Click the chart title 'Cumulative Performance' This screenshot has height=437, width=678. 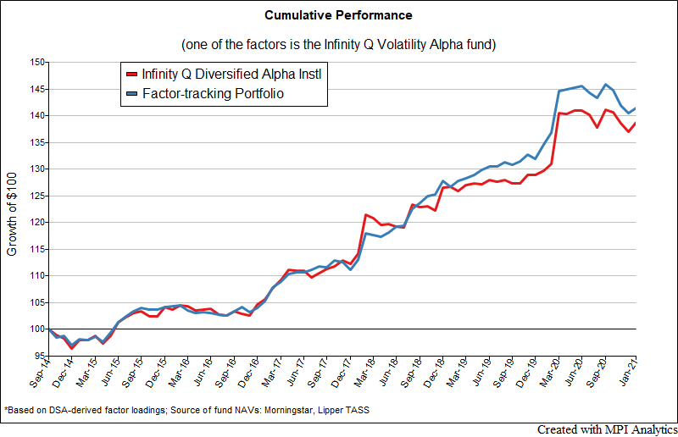pos(339,15)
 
